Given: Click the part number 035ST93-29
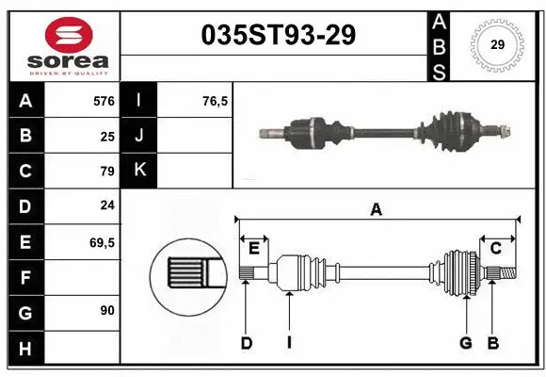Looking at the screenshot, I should click(x=279, y=37).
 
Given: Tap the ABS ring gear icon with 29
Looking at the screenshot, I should click(x=495, y=44).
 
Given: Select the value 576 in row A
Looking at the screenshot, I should click(x=104, y=100).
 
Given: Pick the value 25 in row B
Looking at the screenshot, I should click(x=107, y=136).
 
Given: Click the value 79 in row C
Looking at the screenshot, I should click(x=107, y=171).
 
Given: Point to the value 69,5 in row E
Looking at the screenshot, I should click(x=103, y=242).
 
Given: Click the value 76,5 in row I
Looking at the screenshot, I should click(x=215, y=100).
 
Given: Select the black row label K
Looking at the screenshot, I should click(x=140, y=171).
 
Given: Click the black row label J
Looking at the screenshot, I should click(x=140, y=136).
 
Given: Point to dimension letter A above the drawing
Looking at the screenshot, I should click(x=376, y=210).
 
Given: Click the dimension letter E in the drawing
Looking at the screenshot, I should click(x=254, y=248).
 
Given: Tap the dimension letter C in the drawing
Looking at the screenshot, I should click(x=495, y=248).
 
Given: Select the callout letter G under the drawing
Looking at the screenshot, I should click(x=465, y=343).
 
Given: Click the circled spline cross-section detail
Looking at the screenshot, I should click(x=186, y=274).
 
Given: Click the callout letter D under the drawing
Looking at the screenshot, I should click(x=246, y=343).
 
